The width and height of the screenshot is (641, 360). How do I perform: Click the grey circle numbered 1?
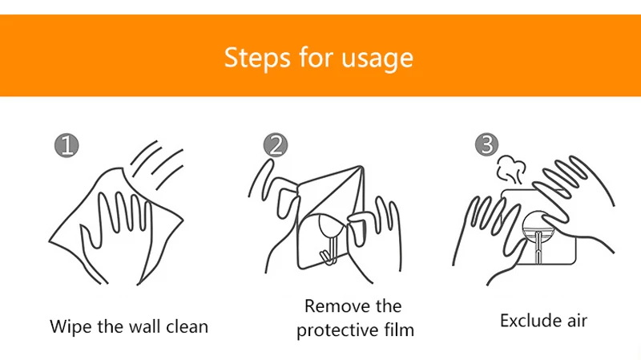[x=67, y=145]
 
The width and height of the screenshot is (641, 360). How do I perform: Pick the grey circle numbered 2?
[x=276, y=145]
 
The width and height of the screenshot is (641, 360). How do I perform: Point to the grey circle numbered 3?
[x=486, y=144]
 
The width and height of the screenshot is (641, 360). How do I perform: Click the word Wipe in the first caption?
[x=71, y=327]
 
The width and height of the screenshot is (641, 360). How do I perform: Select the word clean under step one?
[x=187, y=326]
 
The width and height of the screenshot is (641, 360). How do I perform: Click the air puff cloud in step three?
[x=510, y=170]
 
